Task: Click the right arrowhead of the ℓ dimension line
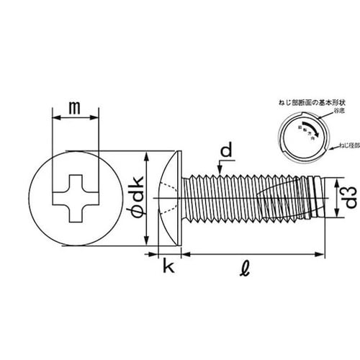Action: (322, 254)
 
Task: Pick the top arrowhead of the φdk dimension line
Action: (148, 156)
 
